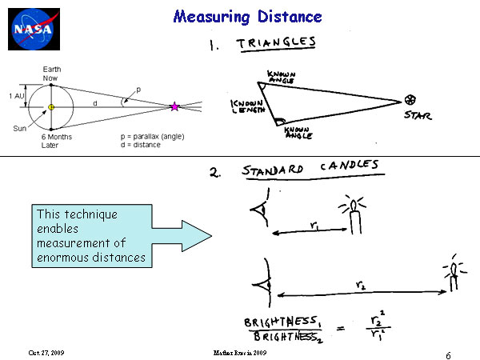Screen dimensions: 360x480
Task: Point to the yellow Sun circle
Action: click(x=51, y=106)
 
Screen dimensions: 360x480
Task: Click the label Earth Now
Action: click(x=50, y=74)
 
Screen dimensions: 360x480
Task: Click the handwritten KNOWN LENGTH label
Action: click(x=243, y=109)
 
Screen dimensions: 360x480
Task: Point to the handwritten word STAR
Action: click(x=416, y=115)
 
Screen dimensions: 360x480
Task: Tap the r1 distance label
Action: click(x=314, y=226)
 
